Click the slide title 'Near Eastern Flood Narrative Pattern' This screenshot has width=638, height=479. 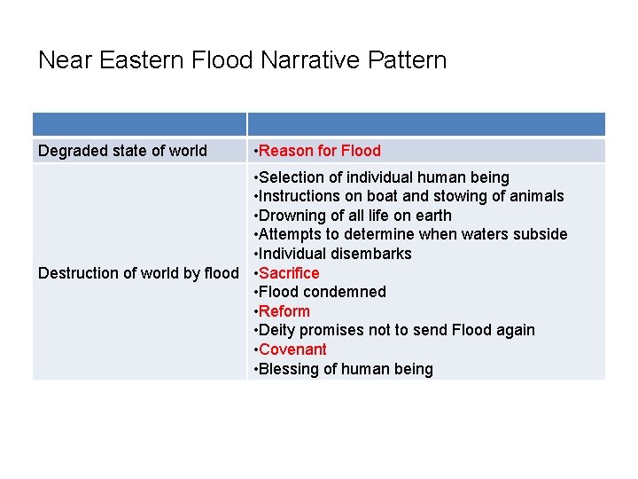[x=242, y=60]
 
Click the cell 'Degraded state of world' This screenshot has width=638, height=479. [x=122, y=151]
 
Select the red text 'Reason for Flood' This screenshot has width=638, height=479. [x=320, y=151]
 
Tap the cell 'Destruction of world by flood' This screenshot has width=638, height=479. [x=138, y=272]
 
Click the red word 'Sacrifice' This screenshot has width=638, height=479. [x=289, y=272]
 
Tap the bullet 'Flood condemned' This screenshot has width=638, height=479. [x=323, y=292]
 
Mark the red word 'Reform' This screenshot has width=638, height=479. [x=284, y=310]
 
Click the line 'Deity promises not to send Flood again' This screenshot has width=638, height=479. [x=396, y=330]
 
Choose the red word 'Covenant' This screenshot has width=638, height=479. [x=292, y=349]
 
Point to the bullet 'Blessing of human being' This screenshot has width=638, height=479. [x=346, y=368]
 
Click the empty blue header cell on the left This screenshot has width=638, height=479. [x=139, y=124]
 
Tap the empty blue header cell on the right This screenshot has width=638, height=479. [x=425, y=124]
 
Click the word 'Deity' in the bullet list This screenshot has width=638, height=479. [x=278, y=330]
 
